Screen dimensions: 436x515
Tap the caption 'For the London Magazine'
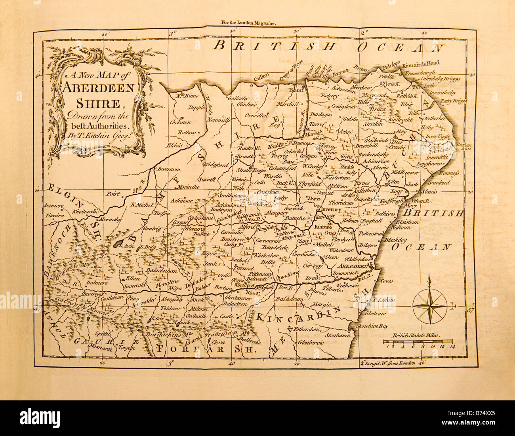pos(249,24)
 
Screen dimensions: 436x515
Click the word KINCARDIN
pos(298,314)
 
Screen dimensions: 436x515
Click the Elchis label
pos(174,145)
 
